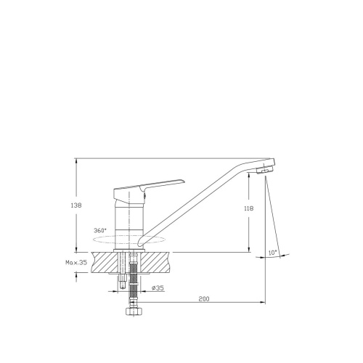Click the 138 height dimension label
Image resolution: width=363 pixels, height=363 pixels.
(76, 205)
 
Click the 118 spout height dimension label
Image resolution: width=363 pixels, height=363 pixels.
(249, 208)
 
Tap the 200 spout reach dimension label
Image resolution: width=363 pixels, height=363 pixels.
(204, 299)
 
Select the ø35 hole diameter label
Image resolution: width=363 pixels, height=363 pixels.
(158, 288)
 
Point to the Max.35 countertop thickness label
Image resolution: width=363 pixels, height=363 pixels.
(76, 262)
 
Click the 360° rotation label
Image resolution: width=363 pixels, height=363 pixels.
(100, 230)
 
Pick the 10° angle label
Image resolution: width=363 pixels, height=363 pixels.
(273, 253)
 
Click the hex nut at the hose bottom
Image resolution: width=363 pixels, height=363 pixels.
(132, 311)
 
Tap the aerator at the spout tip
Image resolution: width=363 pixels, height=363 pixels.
(264, 171)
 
